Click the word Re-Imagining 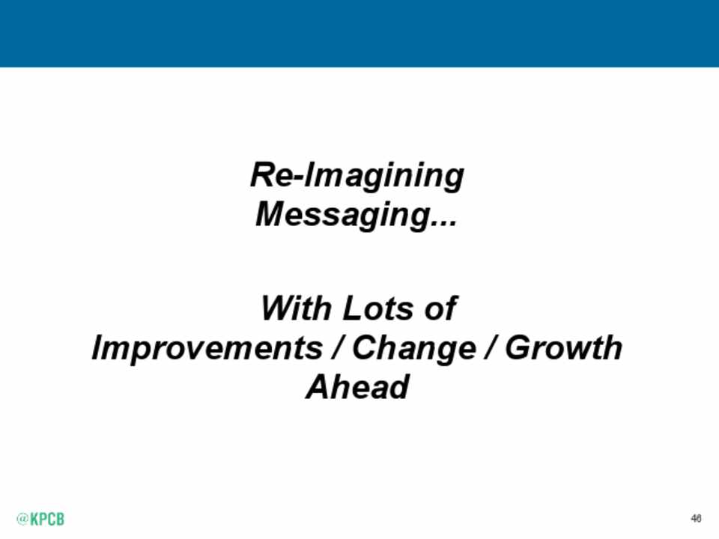[x=357, y=176]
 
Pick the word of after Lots [x=440, y=308]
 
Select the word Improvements [x=207, y=347]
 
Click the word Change [x=414, y=348]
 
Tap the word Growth [x=563, y=347]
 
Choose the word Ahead [x=357, y=387]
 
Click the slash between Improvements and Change [x=338, y=347]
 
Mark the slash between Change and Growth [x=491, y=347]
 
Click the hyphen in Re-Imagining [x=297, y=178]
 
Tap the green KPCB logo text [x=47, y=519]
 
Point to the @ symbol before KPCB [x=22, y=519]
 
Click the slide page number [x=696, y=518]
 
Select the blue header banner [x=359, y=34]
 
